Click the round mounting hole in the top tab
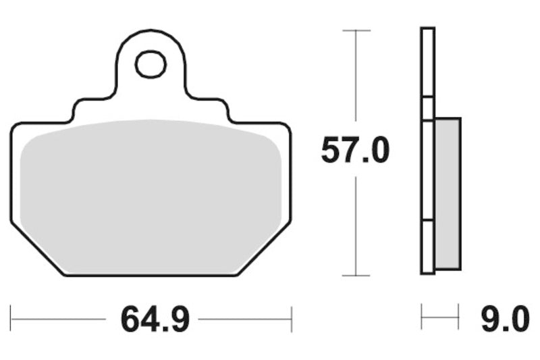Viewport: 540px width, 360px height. click(x=151, y=64)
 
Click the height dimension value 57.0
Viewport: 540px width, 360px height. click(x=355, y=151)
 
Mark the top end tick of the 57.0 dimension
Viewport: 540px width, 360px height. click(x=356, y=30)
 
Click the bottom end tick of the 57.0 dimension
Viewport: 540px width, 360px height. click(x=356, y=276)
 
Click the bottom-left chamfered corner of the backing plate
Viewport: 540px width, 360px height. click(x=37, y=250)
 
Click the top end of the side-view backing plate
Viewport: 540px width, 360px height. click(x=427, y=29)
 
